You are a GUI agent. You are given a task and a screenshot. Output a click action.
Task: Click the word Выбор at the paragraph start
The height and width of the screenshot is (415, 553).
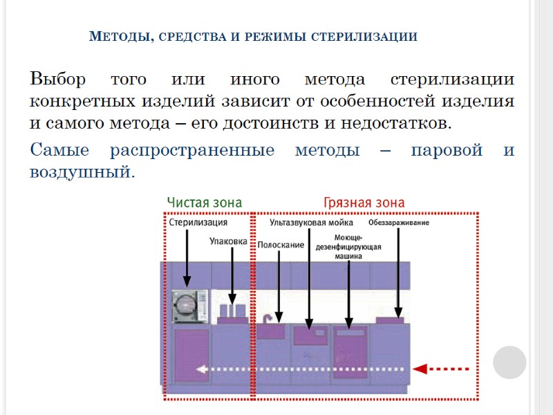pos(57,78)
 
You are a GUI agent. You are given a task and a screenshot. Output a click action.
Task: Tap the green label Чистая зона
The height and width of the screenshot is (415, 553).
pos(205,202)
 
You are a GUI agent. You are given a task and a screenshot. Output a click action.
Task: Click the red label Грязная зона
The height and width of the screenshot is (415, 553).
pos(364,202)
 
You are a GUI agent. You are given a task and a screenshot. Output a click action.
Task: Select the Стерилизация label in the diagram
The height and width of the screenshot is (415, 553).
pos(198,223)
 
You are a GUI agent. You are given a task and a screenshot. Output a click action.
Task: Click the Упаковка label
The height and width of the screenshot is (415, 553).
pos(229,241)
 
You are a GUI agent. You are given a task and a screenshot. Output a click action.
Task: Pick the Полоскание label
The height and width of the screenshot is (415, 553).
pos(281,245)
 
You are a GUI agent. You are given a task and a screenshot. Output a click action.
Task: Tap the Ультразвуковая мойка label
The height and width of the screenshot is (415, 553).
pos(311,223)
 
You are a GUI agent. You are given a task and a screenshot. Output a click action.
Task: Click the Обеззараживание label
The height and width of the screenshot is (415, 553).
pos(399,223)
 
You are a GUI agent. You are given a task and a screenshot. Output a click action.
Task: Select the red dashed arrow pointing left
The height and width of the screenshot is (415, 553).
pos(449,368)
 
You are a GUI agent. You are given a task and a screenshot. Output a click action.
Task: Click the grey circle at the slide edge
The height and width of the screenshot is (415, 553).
pos(509,362)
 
